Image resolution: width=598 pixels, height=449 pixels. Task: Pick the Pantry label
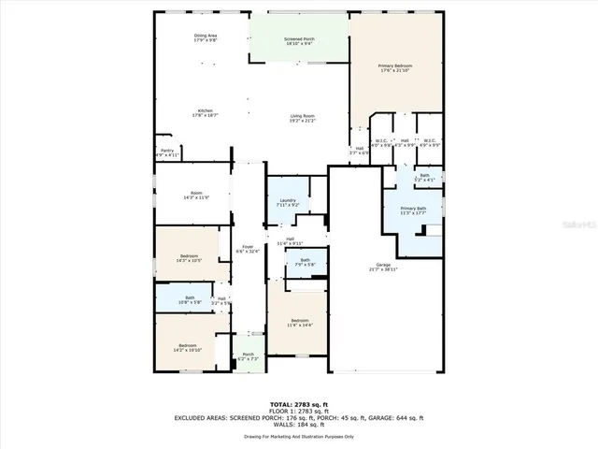pyautogui.click(x=166, y=152)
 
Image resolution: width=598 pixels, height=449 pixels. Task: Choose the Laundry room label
pyautogui.click(x=288, y=201)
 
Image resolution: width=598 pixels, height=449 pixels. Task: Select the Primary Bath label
pyautogui.click(x=413, y=210)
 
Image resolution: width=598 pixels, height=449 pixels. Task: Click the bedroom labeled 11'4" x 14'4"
pyautogui.click(x=300, y=322)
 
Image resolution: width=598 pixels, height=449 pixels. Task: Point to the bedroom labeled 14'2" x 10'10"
pyautogui.click(x=188, y=347)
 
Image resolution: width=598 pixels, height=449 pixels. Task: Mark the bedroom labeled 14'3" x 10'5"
pyautogui.click(x=189, y=258)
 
